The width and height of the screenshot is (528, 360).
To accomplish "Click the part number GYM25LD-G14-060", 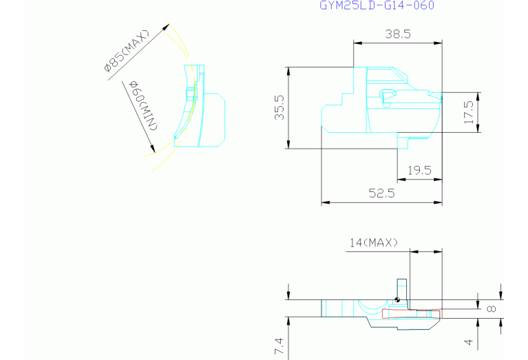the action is click(x=377, y=6).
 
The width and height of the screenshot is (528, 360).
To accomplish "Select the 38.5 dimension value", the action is click(x=398, y=34).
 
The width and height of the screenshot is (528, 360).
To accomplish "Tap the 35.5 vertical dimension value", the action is click(x=279, y=108).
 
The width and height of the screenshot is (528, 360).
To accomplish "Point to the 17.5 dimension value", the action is click(x=469, y=112).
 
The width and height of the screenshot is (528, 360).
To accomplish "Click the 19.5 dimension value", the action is click(x=419, y=171).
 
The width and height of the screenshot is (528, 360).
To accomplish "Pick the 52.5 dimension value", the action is click(x=381, y=193).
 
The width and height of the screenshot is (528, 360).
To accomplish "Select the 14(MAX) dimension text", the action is click(x=374, y=242).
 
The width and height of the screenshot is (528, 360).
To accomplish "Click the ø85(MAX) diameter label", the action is click(x=126, y=50).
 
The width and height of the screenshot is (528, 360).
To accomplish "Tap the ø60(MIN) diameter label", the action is click(x=143, y=106).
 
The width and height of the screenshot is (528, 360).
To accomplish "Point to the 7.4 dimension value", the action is click(x=279, y=346).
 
